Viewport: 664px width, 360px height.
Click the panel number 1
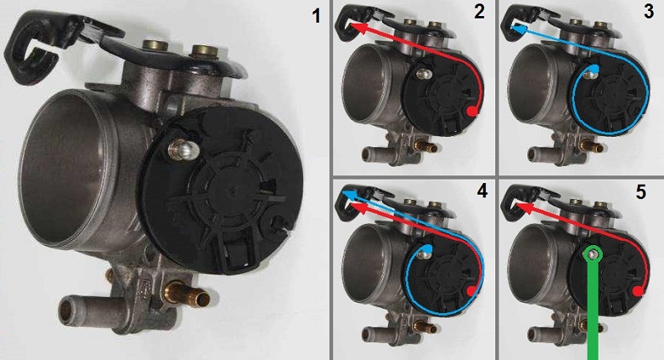pos(316,16)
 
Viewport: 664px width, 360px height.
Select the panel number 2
pos(479,12)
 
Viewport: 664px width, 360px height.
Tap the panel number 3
pos(648,12)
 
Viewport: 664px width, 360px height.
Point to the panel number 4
pos(482,191)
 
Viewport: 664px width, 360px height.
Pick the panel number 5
pos(640,192)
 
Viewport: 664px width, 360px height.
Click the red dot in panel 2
pos(473,112)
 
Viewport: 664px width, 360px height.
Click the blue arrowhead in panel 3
pos(517,29)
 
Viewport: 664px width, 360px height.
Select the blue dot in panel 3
pos(595,68)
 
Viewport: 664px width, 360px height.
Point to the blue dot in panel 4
pos(429,249)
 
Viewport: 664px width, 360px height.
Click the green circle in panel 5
pos(592,253)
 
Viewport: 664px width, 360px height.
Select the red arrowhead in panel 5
pos(522,207)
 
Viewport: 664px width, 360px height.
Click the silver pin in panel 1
pos(181,149)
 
